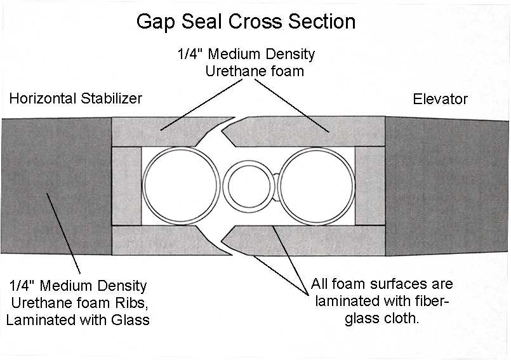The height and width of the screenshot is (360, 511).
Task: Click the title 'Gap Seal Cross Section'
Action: [x=246, y=22]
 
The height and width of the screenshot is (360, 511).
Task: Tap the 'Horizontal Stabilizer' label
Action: [x=76, y=98]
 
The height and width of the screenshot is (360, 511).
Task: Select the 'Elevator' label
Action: [x=440, y=99]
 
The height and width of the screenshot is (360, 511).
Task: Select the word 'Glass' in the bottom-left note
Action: [x=131, y=319]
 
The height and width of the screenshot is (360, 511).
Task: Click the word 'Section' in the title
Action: [x=321, y=22]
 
